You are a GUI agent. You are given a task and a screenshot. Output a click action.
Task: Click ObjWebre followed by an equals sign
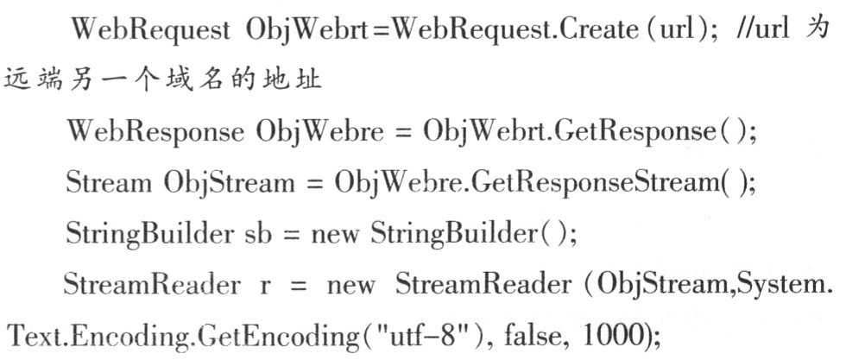(x=317, y=134)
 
